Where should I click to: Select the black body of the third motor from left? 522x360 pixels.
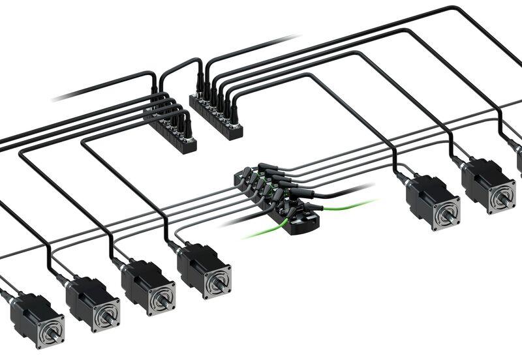(140, 280)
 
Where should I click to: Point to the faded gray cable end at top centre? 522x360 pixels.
(287, 38)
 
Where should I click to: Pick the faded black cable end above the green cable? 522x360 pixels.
(356, 189)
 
